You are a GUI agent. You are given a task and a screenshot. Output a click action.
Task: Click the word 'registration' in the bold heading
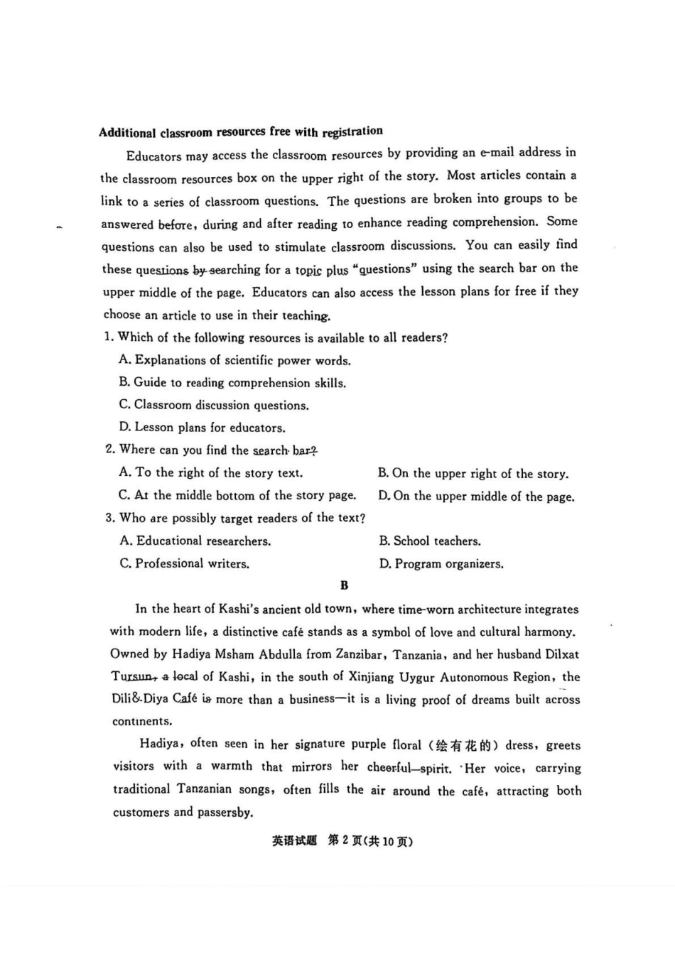pos(352,131)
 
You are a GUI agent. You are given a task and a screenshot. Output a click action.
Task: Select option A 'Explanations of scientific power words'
pos(234,360)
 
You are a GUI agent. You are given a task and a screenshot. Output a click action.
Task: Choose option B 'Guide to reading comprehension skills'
pos(232,383)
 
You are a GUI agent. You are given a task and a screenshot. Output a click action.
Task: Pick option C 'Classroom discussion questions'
pos(213,406)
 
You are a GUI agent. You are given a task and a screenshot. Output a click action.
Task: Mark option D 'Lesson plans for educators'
pos(202,428)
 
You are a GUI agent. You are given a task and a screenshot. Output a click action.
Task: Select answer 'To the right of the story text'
pos(210,473)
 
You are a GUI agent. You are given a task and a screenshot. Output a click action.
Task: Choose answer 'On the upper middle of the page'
pos(476,497)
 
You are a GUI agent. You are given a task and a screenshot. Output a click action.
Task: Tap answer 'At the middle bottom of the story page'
pos(237,496)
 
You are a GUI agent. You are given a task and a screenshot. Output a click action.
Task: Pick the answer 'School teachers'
pos(429,541)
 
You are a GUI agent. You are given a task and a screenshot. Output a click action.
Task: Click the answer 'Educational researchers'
pos(195,541)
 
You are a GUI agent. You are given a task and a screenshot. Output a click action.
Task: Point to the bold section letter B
pos(345,586)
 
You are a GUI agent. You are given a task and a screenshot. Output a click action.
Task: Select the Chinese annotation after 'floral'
pos(465,745)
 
